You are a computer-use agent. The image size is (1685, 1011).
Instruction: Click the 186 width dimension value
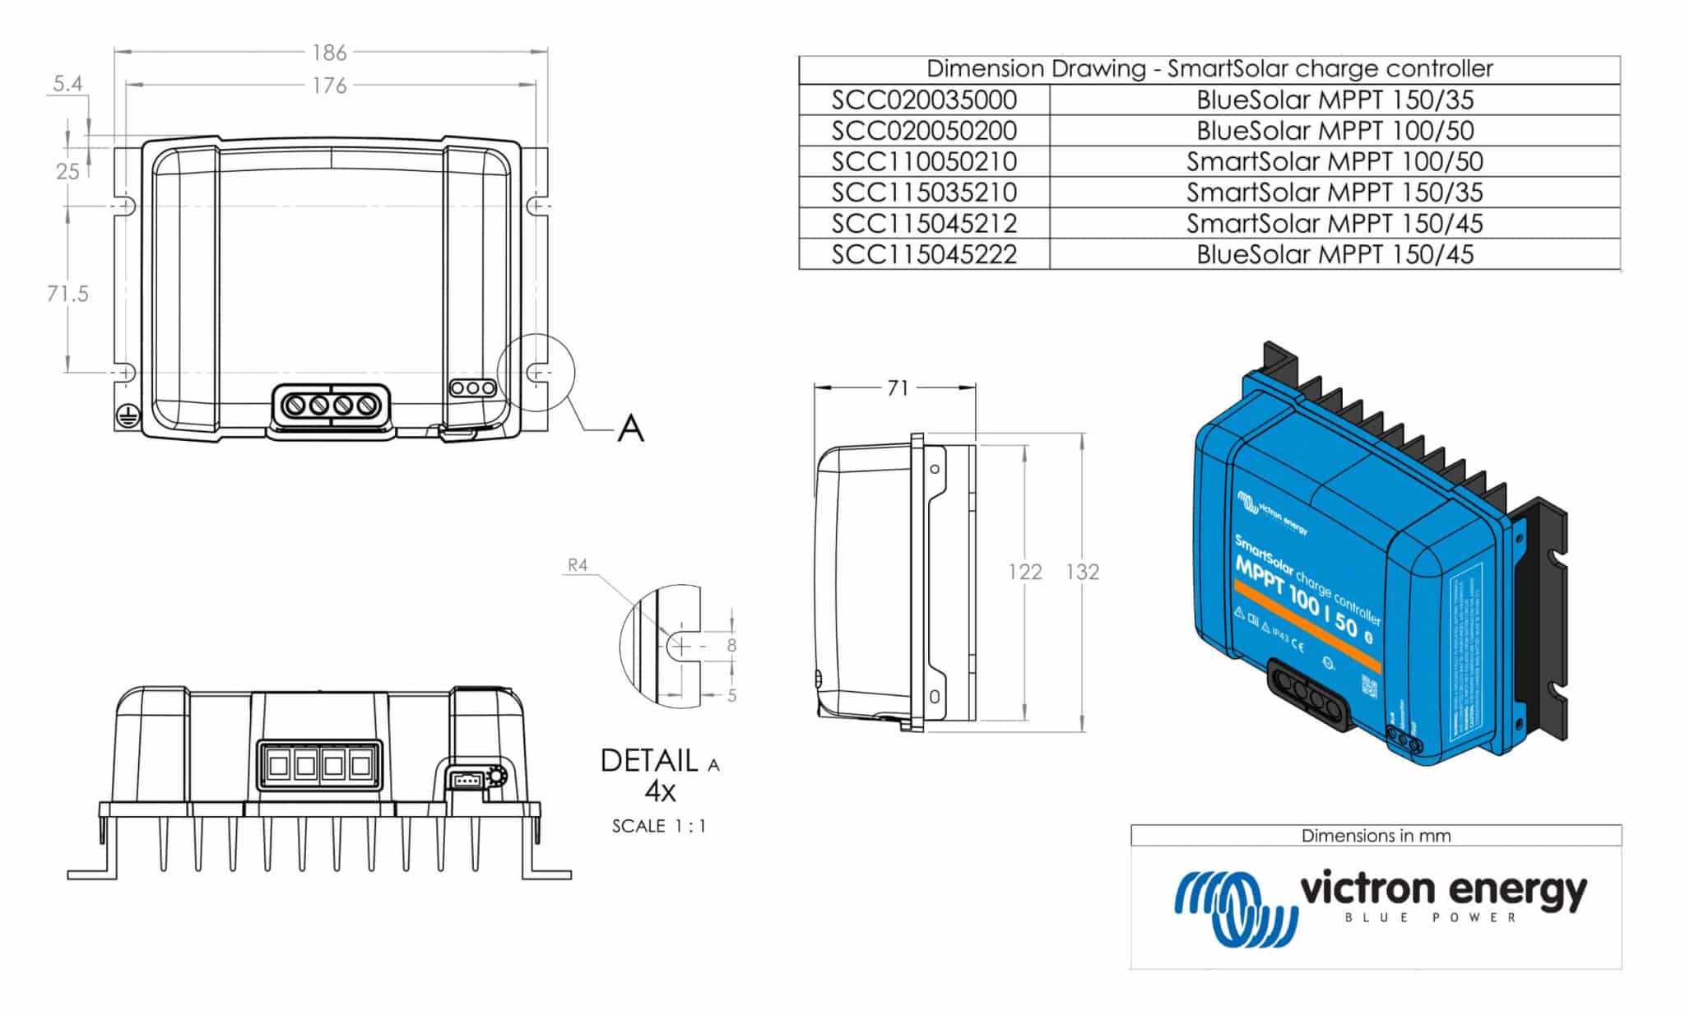click(x=329, y=53)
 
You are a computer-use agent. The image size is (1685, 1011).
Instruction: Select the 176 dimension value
click(x=329, y=86)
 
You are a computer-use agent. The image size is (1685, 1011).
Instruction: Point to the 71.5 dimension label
click(x=67, y=294)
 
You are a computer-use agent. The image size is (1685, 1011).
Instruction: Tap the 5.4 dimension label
click(x=67, y=84)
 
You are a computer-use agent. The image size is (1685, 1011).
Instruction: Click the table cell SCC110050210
click(x=924, y=161)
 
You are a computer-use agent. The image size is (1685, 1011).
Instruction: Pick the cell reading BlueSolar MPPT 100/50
click(x=1335, y=131)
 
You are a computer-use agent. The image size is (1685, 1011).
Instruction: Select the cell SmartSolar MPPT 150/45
click(x=1335, y=223)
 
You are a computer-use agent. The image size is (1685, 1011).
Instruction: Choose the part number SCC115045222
click(x=924, y=254)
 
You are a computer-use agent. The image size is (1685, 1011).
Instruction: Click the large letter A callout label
click(x=631, y=428)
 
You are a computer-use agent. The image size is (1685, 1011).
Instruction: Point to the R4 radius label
click(x=578, y=565)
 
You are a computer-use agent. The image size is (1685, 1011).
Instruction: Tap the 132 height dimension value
click(x=1083, y=572)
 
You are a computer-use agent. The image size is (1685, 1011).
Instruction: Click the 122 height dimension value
click(x=1025, y=572)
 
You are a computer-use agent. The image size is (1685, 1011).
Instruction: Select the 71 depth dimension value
click(x=898, y=387)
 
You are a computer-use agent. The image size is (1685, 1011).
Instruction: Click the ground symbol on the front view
click(x=125, y=416)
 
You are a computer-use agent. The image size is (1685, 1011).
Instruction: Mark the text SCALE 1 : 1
click(x=659, y=826)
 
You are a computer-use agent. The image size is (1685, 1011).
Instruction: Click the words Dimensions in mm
click(x=1376, y=836)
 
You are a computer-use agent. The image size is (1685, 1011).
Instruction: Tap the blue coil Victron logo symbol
click(x=1234, y=907)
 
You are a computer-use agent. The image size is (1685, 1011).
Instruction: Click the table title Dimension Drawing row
click(x=1209, y=69)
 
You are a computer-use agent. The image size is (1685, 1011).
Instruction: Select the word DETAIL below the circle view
click(x=649, y=761)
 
